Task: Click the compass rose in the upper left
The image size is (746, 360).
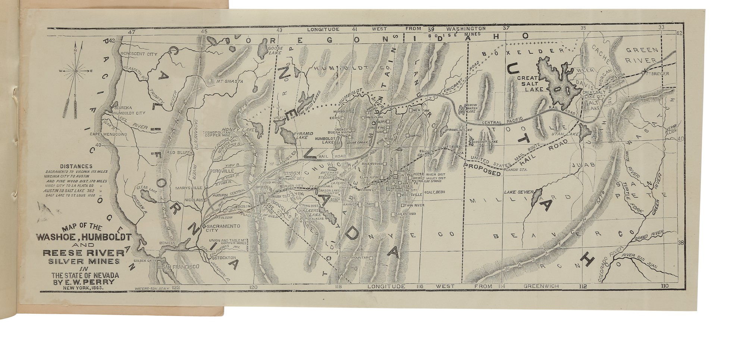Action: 76,70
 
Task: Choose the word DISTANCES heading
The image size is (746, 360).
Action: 76,166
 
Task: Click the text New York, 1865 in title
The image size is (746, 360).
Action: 82,288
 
